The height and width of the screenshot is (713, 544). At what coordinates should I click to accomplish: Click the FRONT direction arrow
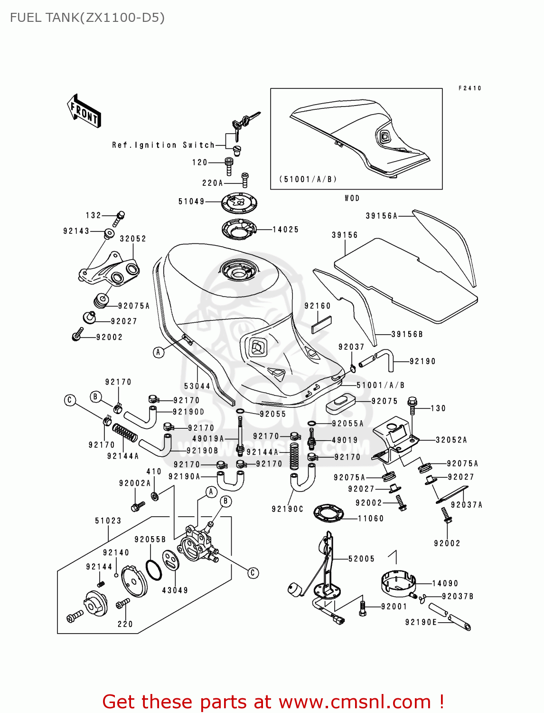point(84,111)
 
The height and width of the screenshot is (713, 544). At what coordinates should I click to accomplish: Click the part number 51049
point(191,202)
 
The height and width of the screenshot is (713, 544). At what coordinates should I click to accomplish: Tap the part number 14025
point(286,230)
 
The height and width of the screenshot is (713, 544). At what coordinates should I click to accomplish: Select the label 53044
point(197,386)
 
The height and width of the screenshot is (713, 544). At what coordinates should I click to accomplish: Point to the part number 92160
point(318,306)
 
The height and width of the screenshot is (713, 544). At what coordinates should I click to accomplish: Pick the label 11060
point(370,519)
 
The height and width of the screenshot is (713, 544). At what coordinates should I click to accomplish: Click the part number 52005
point(361,559)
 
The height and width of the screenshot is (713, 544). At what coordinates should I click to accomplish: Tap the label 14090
point(445,583)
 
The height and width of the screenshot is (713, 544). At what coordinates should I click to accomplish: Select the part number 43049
point(175,590)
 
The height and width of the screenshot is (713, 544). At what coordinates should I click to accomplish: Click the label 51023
point(108,521)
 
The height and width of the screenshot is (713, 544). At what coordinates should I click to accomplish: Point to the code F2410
point(470,88)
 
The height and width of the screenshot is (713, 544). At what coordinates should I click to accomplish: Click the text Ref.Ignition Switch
point(163,145)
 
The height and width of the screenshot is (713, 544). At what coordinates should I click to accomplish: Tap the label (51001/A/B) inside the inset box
point(308,179)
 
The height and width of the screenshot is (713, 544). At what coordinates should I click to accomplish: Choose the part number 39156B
point(407,334)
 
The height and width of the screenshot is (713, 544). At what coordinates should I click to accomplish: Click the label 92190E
point(421,622)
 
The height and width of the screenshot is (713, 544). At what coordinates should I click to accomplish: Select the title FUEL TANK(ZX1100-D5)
point(87,18)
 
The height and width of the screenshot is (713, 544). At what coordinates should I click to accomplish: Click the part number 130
point(438,408)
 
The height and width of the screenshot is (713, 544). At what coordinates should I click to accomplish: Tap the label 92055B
point(150,540)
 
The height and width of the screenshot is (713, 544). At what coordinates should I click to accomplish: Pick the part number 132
point(94,215)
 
